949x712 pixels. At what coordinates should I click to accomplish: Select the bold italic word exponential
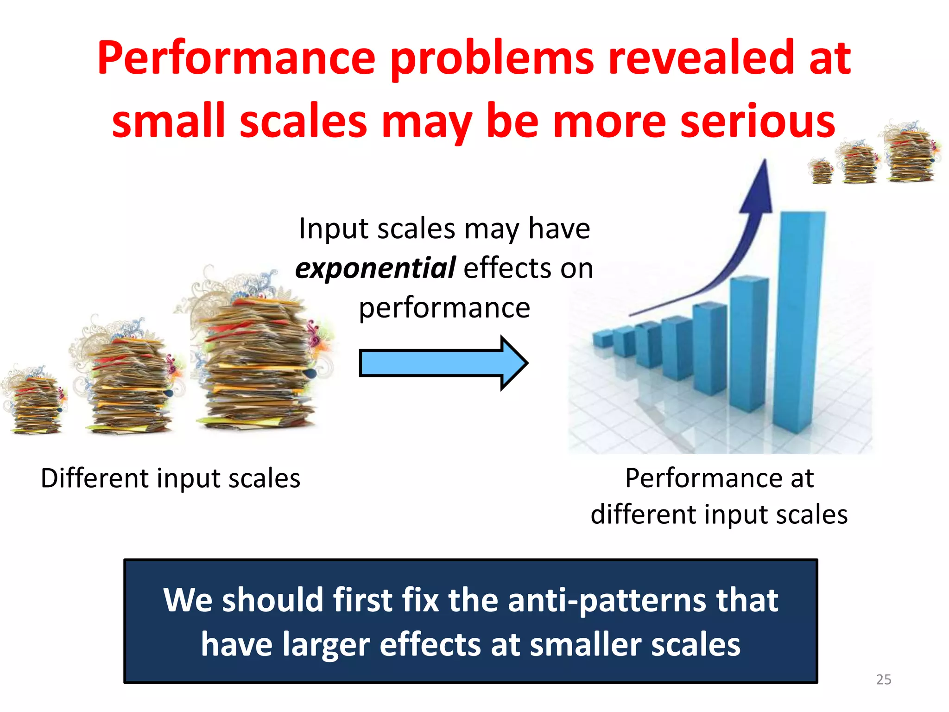click(375, 268)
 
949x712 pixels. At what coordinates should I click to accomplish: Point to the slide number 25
click(883, 680)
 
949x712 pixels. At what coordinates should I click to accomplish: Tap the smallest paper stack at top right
click(821, 172)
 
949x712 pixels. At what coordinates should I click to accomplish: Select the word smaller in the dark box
click(586, 645)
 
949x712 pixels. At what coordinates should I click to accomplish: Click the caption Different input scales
click(171, 478)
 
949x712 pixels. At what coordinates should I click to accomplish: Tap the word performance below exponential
click(444, 308)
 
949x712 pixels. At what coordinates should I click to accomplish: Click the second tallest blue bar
click(748, 343)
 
